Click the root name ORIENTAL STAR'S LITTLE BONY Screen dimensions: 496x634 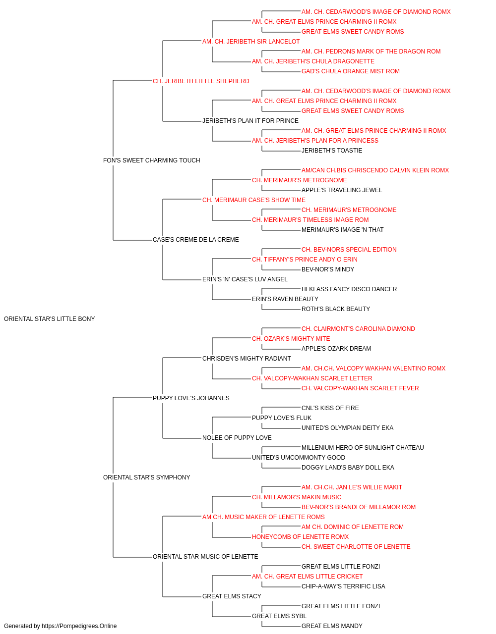[50, 319]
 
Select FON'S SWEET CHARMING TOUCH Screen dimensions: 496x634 [152, 160]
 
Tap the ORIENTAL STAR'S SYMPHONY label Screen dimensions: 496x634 [147, 477]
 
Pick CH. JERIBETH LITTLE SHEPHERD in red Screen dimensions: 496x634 [201, 81]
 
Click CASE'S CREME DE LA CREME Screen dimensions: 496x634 [196, 240]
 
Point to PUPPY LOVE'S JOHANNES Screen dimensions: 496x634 [191, 398]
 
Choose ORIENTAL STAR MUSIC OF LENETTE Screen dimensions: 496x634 [205, 556]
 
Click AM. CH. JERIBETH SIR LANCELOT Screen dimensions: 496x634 [251, 42]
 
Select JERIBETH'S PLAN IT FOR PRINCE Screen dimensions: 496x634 [250, 121]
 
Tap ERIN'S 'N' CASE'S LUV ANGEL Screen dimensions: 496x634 [245, 279]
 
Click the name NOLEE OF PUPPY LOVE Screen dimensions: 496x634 [237, 438]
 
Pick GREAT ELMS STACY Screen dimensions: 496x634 [232, 596]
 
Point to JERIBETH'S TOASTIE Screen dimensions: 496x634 [332, 151]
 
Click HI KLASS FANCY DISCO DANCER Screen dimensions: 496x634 [349, 289]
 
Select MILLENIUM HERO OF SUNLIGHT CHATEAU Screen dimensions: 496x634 [363, 448]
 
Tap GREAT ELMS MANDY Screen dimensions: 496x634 [332, 626]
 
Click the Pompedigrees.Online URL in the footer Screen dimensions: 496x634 [79, 626]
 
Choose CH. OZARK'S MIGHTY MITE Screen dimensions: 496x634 [291, 339]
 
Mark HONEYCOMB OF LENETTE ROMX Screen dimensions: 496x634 [300, 537]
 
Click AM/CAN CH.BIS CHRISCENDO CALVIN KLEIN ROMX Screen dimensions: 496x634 [375, 170]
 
